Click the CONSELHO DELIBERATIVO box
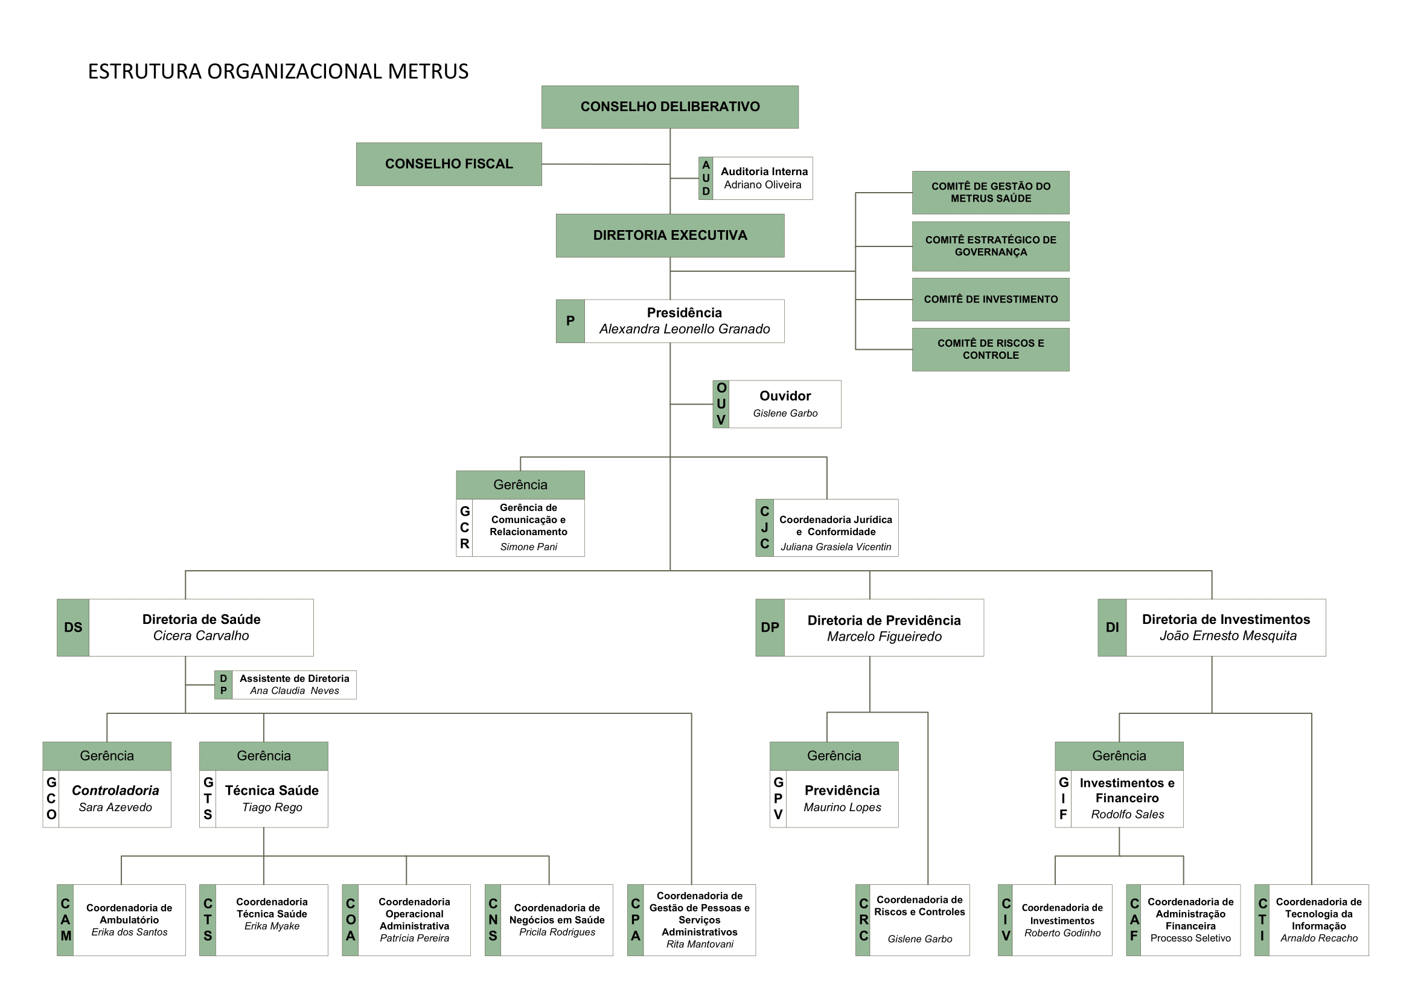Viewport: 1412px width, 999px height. point(669,107)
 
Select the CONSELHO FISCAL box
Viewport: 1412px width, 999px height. point(449,164)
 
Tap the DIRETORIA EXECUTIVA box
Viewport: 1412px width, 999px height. point(669,236)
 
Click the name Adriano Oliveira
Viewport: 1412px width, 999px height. point(762,185)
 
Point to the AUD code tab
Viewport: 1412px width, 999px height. point(705,178)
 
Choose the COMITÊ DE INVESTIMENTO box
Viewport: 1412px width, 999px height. point(990,300)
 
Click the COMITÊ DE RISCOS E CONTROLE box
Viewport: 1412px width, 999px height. point(990,349)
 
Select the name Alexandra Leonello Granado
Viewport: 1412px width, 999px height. point(685,329)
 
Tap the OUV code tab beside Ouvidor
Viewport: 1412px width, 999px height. point(721,404)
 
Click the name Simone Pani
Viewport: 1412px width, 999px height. point(528,547)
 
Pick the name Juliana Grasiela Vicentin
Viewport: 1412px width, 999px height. point(835,547)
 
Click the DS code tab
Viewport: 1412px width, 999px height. point(73,628)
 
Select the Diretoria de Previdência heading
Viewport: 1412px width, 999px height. point(884,620)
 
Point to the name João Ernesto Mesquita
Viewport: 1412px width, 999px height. point(1227,636)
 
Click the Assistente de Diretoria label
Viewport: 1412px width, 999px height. point(294,678)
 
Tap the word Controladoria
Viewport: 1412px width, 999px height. point(115,791)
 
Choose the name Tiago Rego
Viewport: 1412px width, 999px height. point(272,808)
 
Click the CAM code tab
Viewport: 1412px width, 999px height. point(65,920)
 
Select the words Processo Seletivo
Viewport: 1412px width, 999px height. point(1190,938)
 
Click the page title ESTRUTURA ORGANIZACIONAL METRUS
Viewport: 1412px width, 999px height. point(278,72)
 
